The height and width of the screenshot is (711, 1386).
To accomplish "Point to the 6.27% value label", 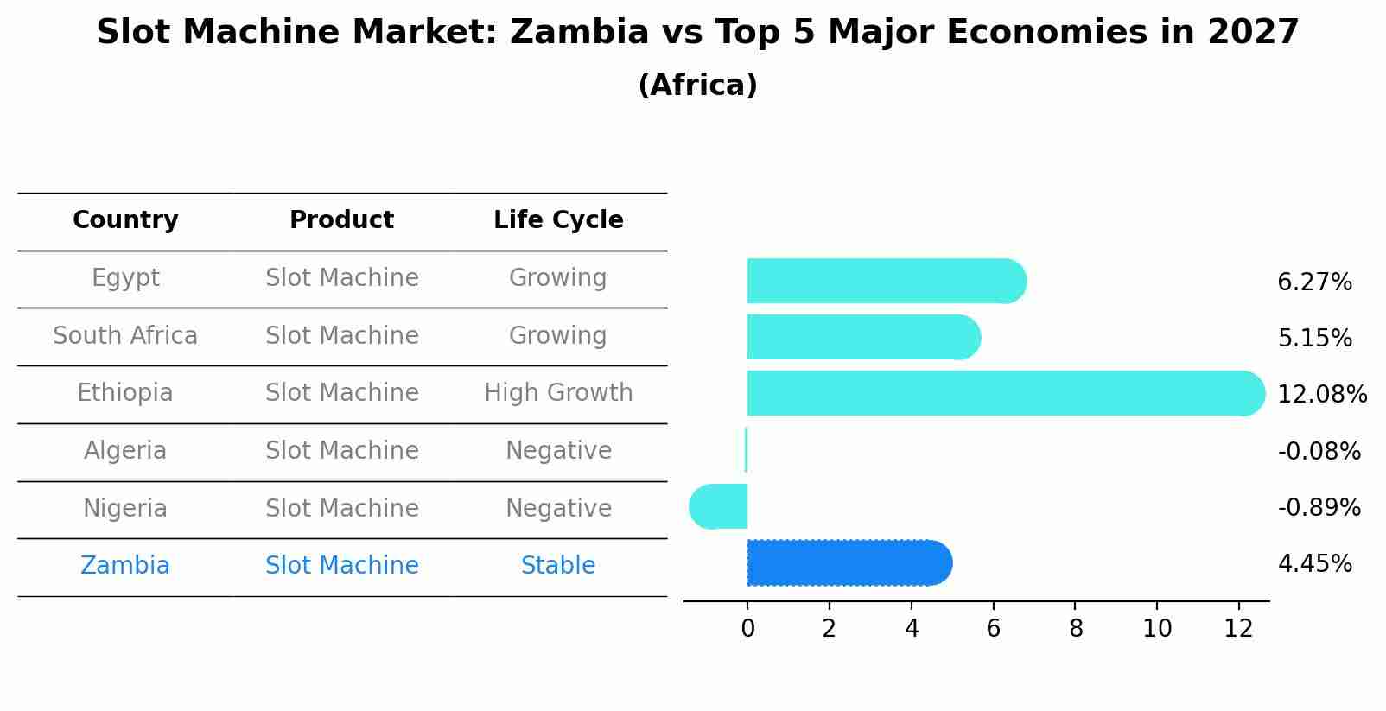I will tap(1313, 282).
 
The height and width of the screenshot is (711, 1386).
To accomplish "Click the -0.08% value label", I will tap(1319, 451).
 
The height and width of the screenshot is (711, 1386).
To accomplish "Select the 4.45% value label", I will tap(1313, 564).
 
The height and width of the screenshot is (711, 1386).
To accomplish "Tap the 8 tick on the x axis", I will tap(1075, 629).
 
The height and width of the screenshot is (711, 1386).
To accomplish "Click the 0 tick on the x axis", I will tap(747, 629).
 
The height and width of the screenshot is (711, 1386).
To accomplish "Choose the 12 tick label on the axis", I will tap(1238, 629).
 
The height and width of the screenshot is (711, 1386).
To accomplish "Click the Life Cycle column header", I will tap(558, 220).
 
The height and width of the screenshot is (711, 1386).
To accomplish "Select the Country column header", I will tap(125, 220).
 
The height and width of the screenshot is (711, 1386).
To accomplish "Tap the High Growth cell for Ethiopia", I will tap(558, 393).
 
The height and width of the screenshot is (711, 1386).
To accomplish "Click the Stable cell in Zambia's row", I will tap(558, 566).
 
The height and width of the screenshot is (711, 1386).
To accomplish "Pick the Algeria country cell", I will tap(125, 451).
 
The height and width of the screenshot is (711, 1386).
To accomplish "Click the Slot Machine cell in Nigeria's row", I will tap(341, 508).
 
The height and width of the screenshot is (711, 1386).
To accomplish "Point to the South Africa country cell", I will tap(125, 335).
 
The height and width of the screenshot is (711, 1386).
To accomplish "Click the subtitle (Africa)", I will tap(697, 86).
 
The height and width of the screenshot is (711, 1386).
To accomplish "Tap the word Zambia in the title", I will tap(578, 33).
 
